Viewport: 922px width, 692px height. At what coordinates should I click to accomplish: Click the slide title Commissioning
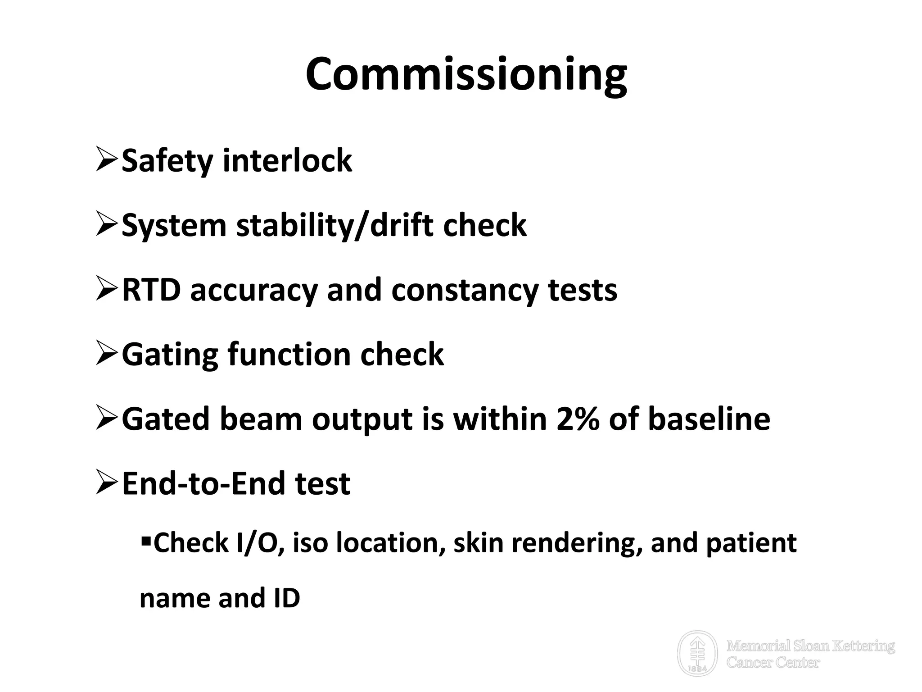pos(466,74)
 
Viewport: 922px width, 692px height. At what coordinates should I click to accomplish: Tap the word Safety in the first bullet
pos(167,161)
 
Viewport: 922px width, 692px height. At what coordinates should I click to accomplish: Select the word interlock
pos(287,161)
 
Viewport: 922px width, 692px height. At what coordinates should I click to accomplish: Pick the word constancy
pos(465,291)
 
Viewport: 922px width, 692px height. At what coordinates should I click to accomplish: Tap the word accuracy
pos(254,291)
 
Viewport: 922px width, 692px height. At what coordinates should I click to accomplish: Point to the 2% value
pos(578,419)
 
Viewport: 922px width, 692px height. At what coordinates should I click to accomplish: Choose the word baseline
pos(709,419)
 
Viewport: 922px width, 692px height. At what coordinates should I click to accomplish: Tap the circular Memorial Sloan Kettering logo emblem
pos(697,653)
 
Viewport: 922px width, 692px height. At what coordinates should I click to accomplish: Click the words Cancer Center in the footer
pos(773,662)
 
